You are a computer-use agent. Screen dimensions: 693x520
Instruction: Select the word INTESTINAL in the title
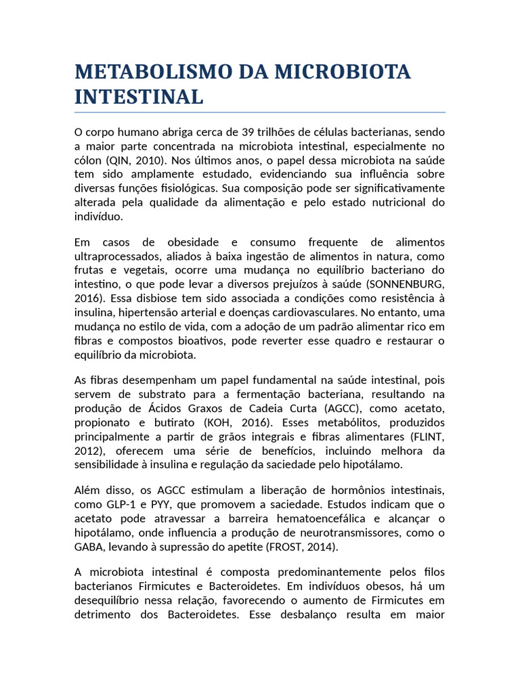tap(139, 97)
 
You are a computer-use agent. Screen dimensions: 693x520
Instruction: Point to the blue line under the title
tap(259, 112)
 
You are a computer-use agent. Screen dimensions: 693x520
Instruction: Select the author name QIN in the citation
tap(116, 160)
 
